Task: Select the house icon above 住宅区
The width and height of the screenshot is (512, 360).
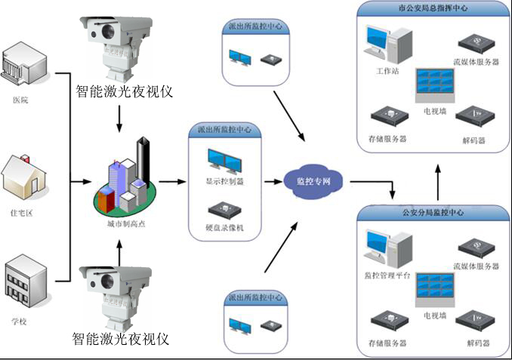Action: [25, 175]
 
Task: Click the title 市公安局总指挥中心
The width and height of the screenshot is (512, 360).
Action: [431, 9]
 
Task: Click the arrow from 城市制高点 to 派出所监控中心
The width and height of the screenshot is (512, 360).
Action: [172, 182]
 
